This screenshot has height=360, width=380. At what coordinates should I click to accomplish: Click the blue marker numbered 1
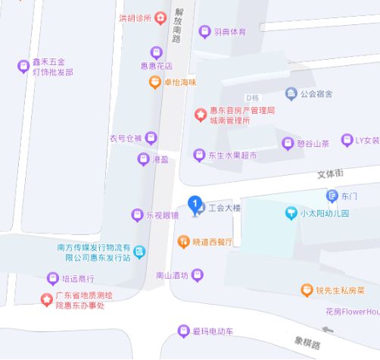195,204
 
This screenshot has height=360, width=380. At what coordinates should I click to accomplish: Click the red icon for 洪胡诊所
160,17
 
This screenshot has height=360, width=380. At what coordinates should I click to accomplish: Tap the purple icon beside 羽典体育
204,32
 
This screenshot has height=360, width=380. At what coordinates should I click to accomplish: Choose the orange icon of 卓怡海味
154,82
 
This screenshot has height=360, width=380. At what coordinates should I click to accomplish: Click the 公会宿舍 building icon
291,94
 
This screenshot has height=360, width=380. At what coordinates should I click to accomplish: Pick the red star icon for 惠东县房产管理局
200,115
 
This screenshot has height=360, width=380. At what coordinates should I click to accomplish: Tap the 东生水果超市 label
232,155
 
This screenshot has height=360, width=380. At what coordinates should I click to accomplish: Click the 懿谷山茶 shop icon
288,143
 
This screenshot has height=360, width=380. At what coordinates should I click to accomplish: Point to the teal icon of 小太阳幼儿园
291,214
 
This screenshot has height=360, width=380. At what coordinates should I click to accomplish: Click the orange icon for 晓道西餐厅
183,242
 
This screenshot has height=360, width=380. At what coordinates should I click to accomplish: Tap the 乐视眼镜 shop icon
137,214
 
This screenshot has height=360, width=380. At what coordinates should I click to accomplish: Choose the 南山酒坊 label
170,276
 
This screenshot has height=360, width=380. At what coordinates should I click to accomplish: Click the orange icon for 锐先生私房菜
307,290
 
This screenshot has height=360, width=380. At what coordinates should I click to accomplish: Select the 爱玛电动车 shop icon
182,331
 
